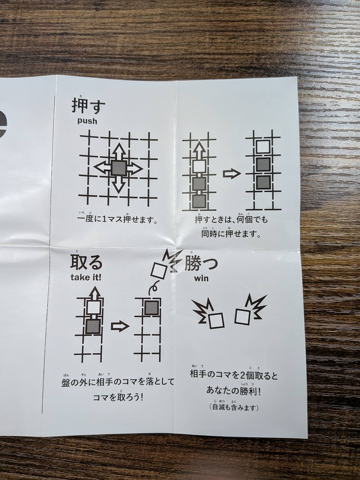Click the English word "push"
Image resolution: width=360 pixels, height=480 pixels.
(x=87, y=121)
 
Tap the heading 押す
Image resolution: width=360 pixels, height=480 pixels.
(x=88, y=106)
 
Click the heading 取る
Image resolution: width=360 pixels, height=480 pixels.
(x=86, y=262)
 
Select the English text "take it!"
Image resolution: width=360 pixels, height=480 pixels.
(x=86, y=277)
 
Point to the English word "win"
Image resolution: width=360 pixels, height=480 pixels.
(x=201, y=278)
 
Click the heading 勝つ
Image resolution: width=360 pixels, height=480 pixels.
(x=201, y=263)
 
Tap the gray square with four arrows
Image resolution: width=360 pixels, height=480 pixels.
(x=118, y=168)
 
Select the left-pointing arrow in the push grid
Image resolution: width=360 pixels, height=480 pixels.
(x=102, y=168)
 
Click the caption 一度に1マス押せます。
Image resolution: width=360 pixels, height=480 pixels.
(x=118, y=219)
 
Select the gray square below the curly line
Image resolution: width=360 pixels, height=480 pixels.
(x=151, y=308)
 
